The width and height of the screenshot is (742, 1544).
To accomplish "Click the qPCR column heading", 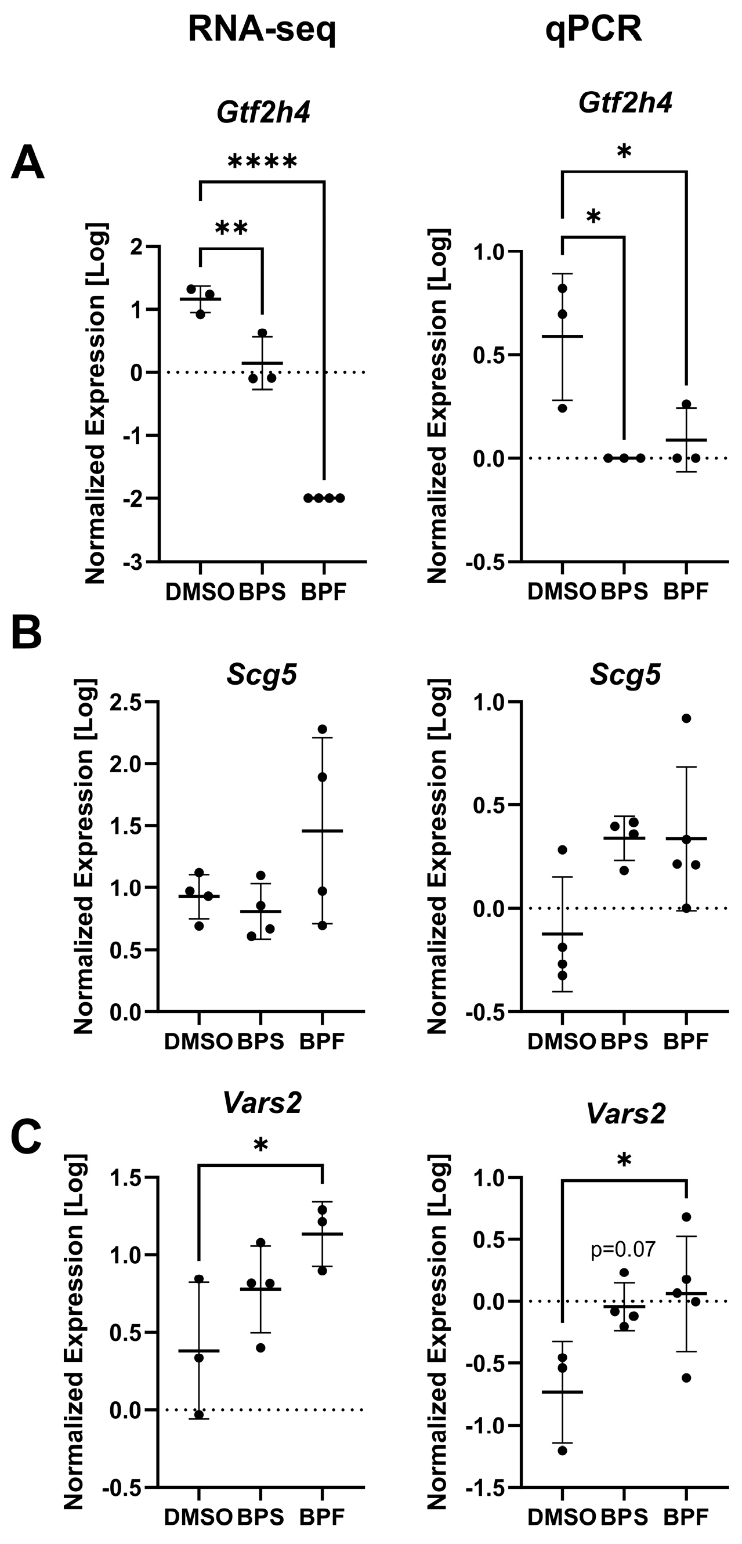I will (593, 29).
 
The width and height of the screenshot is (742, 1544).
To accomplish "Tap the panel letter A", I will (28, 163).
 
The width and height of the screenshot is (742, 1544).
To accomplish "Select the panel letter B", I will (26, 633).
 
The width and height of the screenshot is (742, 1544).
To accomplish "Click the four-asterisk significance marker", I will (263, 162).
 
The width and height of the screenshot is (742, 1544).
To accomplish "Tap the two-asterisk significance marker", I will (231, 229).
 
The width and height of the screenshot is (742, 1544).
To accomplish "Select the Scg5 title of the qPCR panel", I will (625, 675).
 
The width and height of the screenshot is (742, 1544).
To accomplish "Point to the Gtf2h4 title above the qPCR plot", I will (625, 103).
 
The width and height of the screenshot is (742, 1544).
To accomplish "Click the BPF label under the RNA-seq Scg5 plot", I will (323, 1041).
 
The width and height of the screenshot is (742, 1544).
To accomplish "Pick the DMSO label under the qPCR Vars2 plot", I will (562, 1517).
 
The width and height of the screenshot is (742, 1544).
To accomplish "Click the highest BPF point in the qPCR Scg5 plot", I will (686, 718).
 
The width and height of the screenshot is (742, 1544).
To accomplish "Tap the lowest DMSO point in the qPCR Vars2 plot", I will (562, 1451).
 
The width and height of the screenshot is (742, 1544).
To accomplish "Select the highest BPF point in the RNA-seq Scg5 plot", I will (323, 729).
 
